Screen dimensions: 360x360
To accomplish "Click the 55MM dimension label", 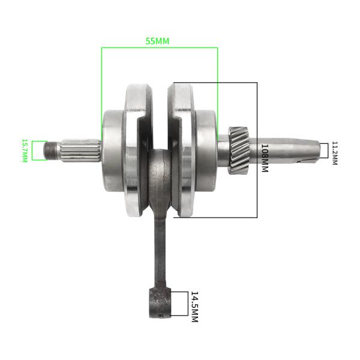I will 158,41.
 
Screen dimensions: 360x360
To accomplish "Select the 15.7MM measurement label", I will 25,151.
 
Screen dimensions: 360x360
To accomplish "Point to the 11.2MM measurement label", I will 334,154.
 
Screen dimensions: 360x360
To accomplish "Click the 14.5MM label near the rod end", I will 194,307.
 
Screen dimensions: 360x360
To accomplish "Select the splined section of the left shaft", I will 82,150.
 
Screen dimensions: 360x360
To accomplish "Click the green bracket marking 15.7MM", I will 38,151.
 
